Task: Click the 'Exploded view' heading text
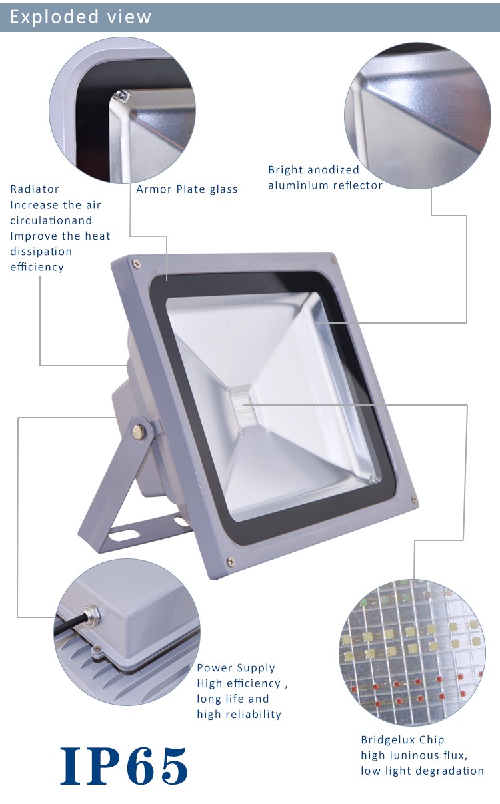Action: coord(81,17)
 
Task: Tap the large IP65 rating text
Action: coord(124,765)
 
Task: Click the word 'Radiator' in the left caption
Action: coord(35,189)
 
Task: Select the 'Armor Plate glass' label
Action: coord(187,189)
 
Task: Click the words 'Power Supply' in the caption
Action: coord(235,668)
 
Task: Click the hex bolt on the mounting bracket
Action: coord(139,432)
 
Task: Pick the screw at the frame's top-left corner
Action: coord(136,264)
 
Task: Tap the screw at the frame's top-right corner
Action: coord(333,259)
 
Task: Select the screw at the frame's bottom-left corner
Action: coord(231,562)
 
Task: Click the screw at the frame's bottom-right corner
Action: coord(414,499)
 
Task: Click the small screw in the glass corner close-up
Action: coord(121,95)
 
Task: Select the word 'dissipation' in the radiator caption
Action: coord(41,252)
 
